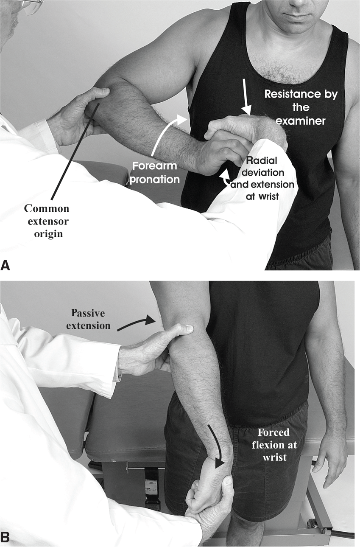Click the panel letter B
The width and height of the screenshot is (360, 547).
pos(6,537)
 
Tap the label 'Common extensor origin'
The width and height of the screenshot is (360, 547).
pos(46,221)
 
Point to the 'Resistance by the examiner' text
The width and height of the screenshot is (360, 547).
pos(301,107)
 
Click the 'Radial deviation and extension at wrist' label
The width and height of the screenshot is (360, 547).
pos(262,178)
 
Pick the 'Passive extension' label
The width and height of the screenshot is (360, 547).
pos(88,320)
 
